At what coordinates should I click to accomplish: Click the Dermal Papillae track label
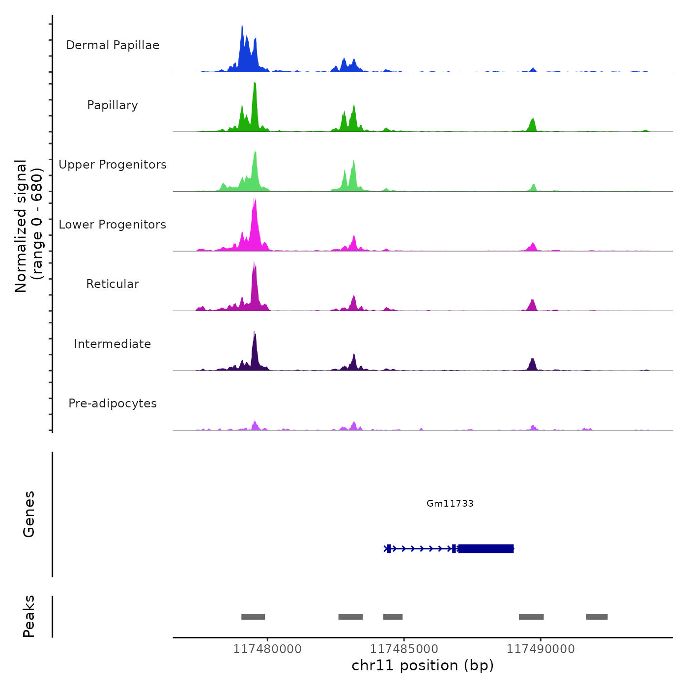tap(113, 45)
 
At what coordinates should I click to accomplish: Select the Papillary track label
tap(113, 105)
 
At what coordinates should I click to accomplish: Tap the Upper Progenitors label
tap(113, 165)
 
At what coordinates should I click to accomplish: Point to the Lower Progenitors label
tap(113, 225)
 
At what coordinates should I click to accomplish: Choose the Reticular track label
tap(113, 284)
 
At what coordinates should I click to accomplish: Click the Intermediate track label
tap(113, 344)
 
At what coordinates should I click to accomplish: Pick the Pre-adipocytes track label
tap(113, 403)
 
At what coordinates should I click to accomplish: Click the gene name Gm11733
tap(450, 503)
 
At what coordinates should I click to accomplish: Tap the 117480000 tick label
tap(267, 649)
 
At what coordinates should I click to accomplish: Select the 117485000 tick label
tap(404, 649)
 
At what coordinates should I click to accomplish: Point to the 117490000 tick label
tap(541, 649)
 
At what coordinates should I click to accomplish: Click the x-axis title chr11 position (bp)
tap(423, 665)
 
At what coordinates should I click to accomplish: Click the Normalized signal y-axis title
tap(29, 226)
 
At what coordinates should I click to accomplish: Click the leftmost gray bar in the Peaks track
tap(253, 617)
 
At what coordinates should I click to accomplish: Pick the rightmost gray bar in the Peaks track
tap(597, 617)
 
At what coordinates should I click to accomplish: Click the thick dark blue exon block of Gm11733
tap(486, 548)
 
